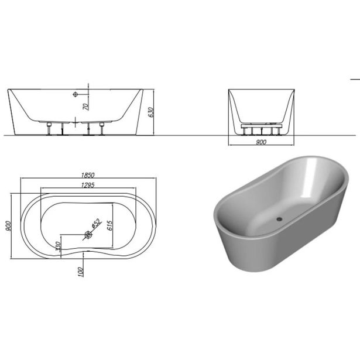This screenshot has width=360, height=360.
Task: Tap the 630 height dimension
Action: click(151, 112)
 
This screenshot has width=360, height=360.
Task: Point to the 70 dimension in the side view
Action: click(85, 106)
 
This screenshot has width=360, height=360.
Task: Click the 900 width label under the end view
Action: click(261, 142)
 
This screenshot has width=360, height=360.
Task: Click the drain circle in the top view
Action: click(88, 235)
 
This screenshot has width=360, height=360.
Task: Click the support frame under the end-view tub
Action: click(260, 125)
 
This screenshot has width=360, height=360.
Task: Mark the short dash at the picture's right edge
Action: click(355, 78)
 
